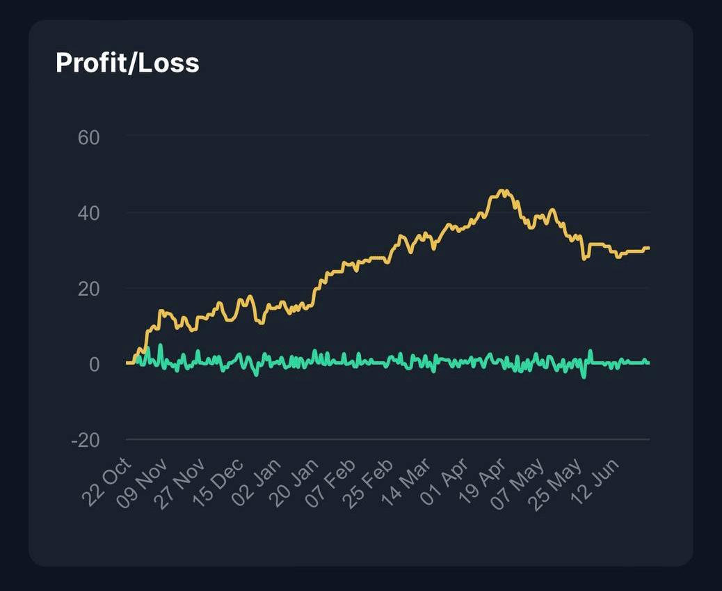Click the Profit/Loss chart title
[127, 63]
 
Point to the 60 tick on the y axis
[88, 137]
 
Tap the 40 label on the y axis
[88, 213]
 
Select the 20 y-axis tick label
[88, 288]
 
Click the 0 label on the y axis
[94, 364]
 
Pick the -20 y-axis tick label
[85, 440]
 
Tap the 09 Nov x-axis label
[143, 484]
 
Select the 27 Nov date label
[181, 484]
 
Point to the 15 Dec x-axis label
[218, 484]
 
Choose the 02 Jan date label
[257, 484]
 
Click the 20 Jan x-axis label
[294, 484]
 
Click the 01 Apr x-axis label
[445, 484]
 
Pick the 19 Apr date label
[483, 484]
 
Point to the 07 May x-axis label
[520, 484]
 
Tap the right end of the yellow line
[648, 248]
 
